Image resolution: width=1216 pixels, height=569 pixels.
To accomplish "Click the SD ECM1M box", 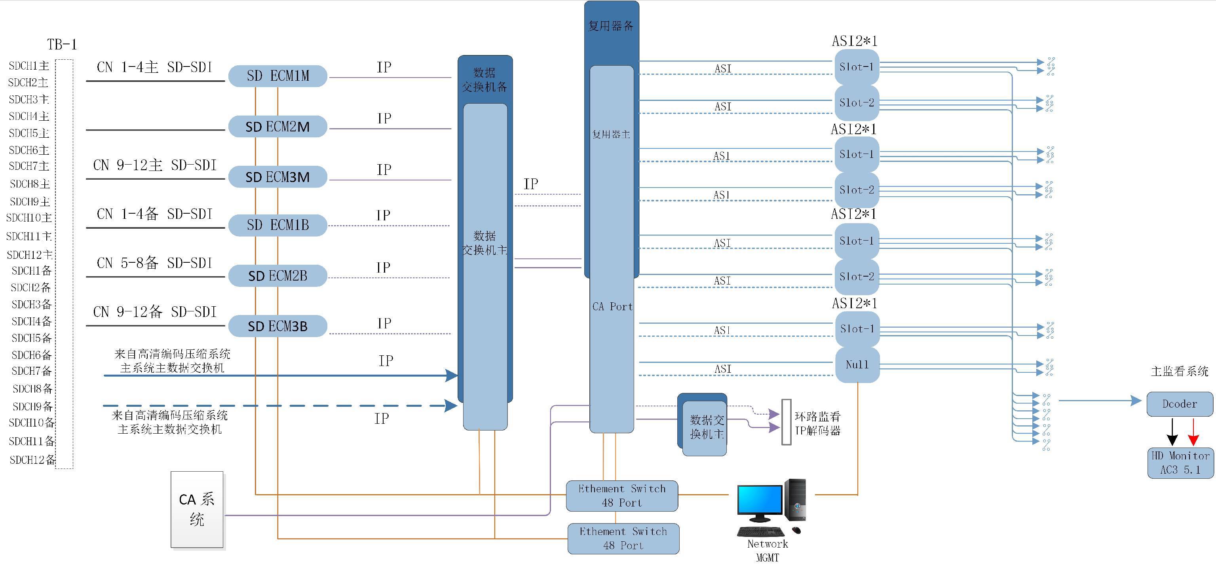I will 277,76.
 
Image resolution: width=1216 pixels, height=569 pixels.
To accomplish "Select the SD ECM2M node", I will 277,127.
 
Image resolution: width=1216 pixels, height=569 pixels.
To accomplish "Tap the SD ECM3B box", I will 277,326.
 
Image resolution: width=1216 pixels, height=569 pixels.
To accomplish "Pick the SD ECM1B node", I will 277,225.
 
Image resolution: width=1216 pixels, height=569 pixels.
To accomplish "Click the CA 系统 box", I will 197,510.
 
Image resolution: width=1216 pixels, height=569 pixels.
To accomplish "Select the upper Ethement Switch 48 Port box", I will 622,495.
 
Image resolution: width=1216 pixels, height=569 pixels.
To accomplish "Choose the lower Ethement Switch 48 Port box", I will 623,538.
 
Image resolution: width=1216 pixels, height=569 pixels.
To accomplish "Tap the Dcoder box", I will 1179,404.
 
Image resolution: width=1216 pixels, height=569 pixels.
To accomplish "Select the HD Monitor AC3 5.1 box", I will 1180,463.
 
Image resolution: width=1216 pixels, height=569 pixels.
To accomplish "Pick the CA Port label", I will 612,307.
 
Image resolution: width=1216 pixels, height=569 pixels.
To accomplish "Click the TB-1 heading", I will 62,44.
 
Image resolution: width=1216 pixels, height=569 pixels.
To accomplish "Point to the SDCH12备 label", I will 32,459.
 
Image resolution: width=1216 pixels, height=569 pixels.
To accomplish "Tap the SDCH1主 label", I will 29,66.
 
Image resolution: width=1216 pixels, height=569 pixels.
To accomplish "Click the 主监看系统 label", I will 1179,371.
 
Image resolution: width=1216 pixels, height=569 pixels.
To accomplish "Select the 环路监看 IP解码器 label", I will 817,423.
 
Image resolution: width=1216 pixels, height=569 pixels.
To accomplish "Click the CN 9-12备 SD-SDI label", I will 155,312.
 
